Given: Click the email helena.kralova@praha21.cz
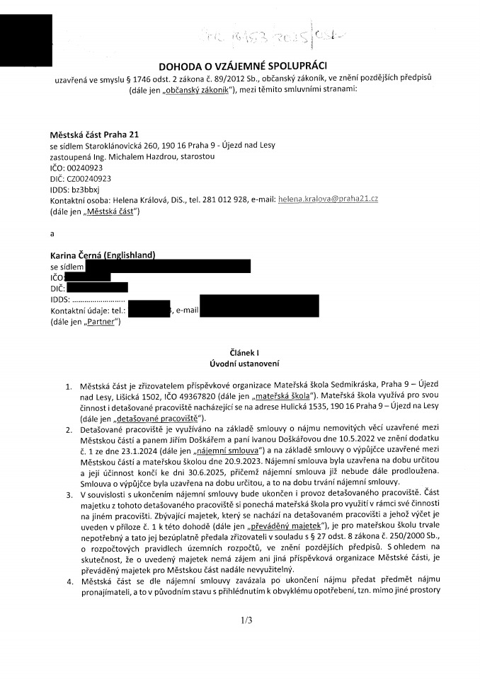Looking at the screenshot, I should (328, 199).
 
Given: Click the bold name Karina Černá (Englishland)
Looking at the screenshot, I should (103, 255).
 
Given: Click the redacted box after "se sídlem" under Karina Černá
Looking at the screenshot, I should (168, 266).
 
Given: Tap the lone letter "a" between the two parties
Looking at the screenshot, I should (52, 231).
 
